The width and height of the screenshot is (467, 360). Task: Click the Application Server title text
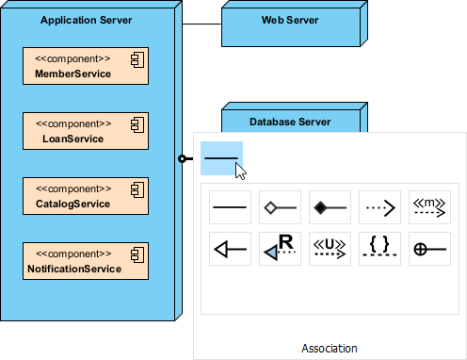(x=87, y=20)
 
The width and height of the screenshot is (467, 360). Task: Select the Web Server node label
(x=289, y=20)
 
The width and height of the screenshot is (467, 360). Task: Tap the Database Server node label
(x=290, y=122)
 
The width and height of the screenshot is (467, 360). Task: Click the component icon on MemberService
(x=137, y=59)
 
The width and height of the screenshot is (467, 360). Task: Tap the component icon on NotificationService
(x=137, y=254)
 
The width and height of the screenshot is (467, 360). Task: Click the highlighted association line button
(x=221, y=158)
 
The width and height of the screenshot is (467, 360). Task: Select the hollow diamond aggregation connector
(x=279, y=205)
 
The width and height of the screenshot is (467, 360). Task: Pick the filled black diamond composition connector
(x=330, y=205)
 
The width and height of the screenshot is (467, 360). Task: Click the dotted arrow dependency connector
(x=379, y=205)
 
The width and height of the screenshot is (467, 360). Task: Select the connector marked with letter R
(x=279, y=249)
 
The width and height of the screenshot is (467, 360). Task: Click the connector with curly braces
(x=379, y=249)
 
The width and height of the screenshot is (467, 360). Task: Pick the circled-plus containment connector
(x=430, y=249)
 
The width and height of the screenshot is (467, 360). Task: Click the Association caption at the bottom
(x=329, y=348)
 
